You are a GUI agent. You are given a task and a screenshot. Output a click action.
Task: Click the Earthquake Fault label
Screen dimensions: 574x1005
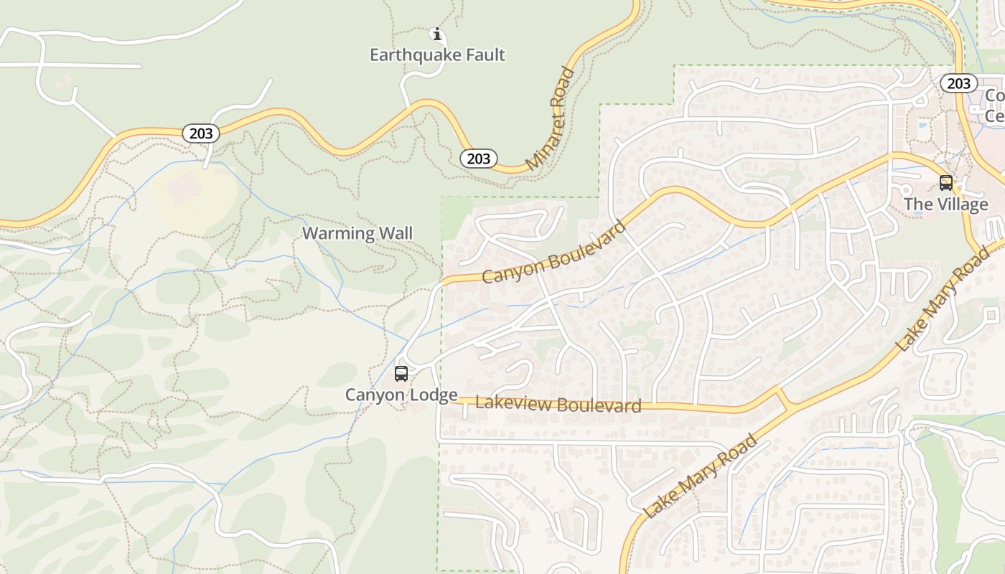(437, 55)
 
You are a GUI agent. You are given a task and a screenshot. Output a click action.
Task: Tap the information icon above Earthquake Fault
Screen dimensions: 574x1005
(436, 34)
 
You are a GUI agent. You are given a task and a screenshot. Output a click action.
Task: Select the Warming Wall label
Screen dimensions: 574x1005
(357, 233)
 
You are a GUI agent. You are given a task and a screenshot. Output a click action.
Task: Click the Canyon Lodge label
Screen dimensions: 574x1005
(401, 395)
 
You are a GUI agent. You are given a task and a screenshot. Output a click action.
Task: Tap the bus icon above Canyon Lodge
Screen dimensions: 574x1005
(401, 374)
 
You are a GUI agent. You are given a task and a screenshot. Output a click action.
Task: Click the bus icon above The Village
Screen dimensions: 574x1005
(946, 183)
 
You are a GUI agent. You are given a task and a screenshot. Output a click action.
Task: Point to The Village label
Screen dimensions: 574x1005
(946, 204)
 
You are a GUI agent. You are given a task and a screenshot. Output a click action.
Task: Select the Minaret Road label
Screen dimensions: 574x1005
(551, 119)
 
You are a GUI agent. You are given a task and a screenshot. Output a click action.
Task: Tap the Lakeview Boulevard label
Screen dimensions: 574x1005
(558, 404)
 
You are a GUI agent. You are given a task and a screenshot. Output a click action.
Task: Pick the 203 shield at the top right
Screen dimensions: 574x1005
(958, 83)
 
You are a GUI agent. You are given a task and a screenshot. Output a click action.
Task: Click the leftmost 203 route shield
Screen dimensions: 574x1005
(201, 133)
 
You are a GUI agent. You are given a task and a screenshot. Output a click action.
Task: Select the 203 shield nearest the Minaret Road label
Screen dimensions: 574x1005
(478, 159)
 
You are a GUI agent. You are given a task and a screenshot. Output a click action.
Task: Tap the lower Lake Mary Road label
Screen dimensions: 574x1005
(701, 476)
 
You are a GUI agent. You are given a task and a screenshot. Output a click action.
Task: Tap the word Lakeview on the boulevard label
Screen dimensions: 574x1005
(513, 403)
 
